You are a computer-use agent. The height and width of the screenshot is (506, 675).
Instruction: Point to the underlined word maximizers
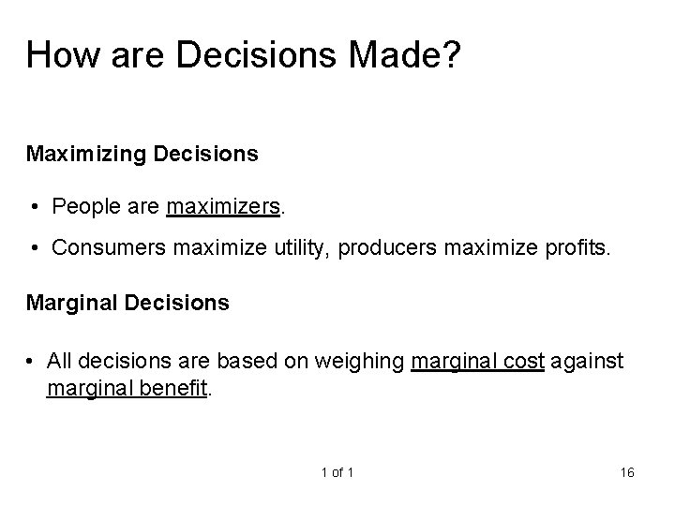point(223,206)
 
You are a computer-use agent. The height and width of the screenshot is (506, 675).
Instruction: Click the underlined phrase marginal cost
point(477,364)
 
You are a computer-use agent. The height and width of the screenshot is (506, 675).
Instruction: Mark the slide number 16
point(627,472)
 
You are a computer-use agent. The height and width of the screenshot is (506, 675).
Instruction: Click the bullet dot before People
point(34,206)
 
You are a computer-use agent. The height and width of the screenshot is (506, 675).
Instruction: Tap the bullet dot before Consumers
point(34,247)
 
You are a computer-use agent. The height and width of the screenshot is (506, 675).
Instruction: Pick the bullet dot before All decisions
point(34,364)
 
